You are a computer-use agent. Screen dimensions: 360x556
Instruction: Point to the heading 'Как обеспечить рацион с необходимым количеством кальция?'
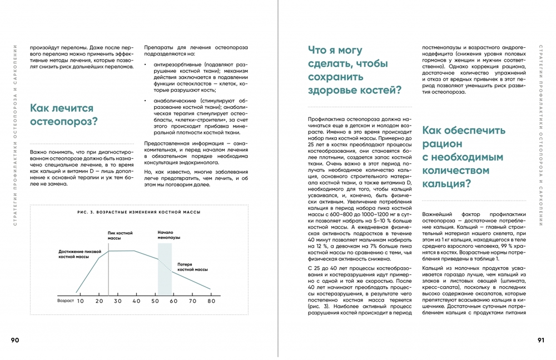point(464,157)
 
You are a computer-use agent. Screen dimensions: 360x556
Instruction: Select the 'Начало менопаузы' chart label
point(166,235)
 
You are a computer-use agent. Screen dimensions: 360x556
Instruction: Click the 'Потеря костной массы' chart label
point(192,266)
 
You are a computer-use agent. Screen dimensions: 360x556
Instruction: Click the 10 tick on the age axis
point(80,301)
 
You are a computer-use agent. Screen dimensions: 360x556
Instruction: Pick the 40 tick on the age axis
point(136,301)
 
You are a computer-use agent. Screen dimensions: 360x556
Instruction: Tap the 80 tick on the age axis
point(211,301)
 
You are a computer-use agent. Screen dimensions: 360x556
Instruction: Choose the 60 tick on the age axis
point(173,301)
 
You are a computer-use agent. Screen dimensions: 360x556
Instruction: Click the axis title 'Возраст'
point(66,300)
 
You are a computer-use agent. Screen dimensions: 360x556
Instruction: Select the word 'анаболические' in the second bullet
point(171,101)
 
